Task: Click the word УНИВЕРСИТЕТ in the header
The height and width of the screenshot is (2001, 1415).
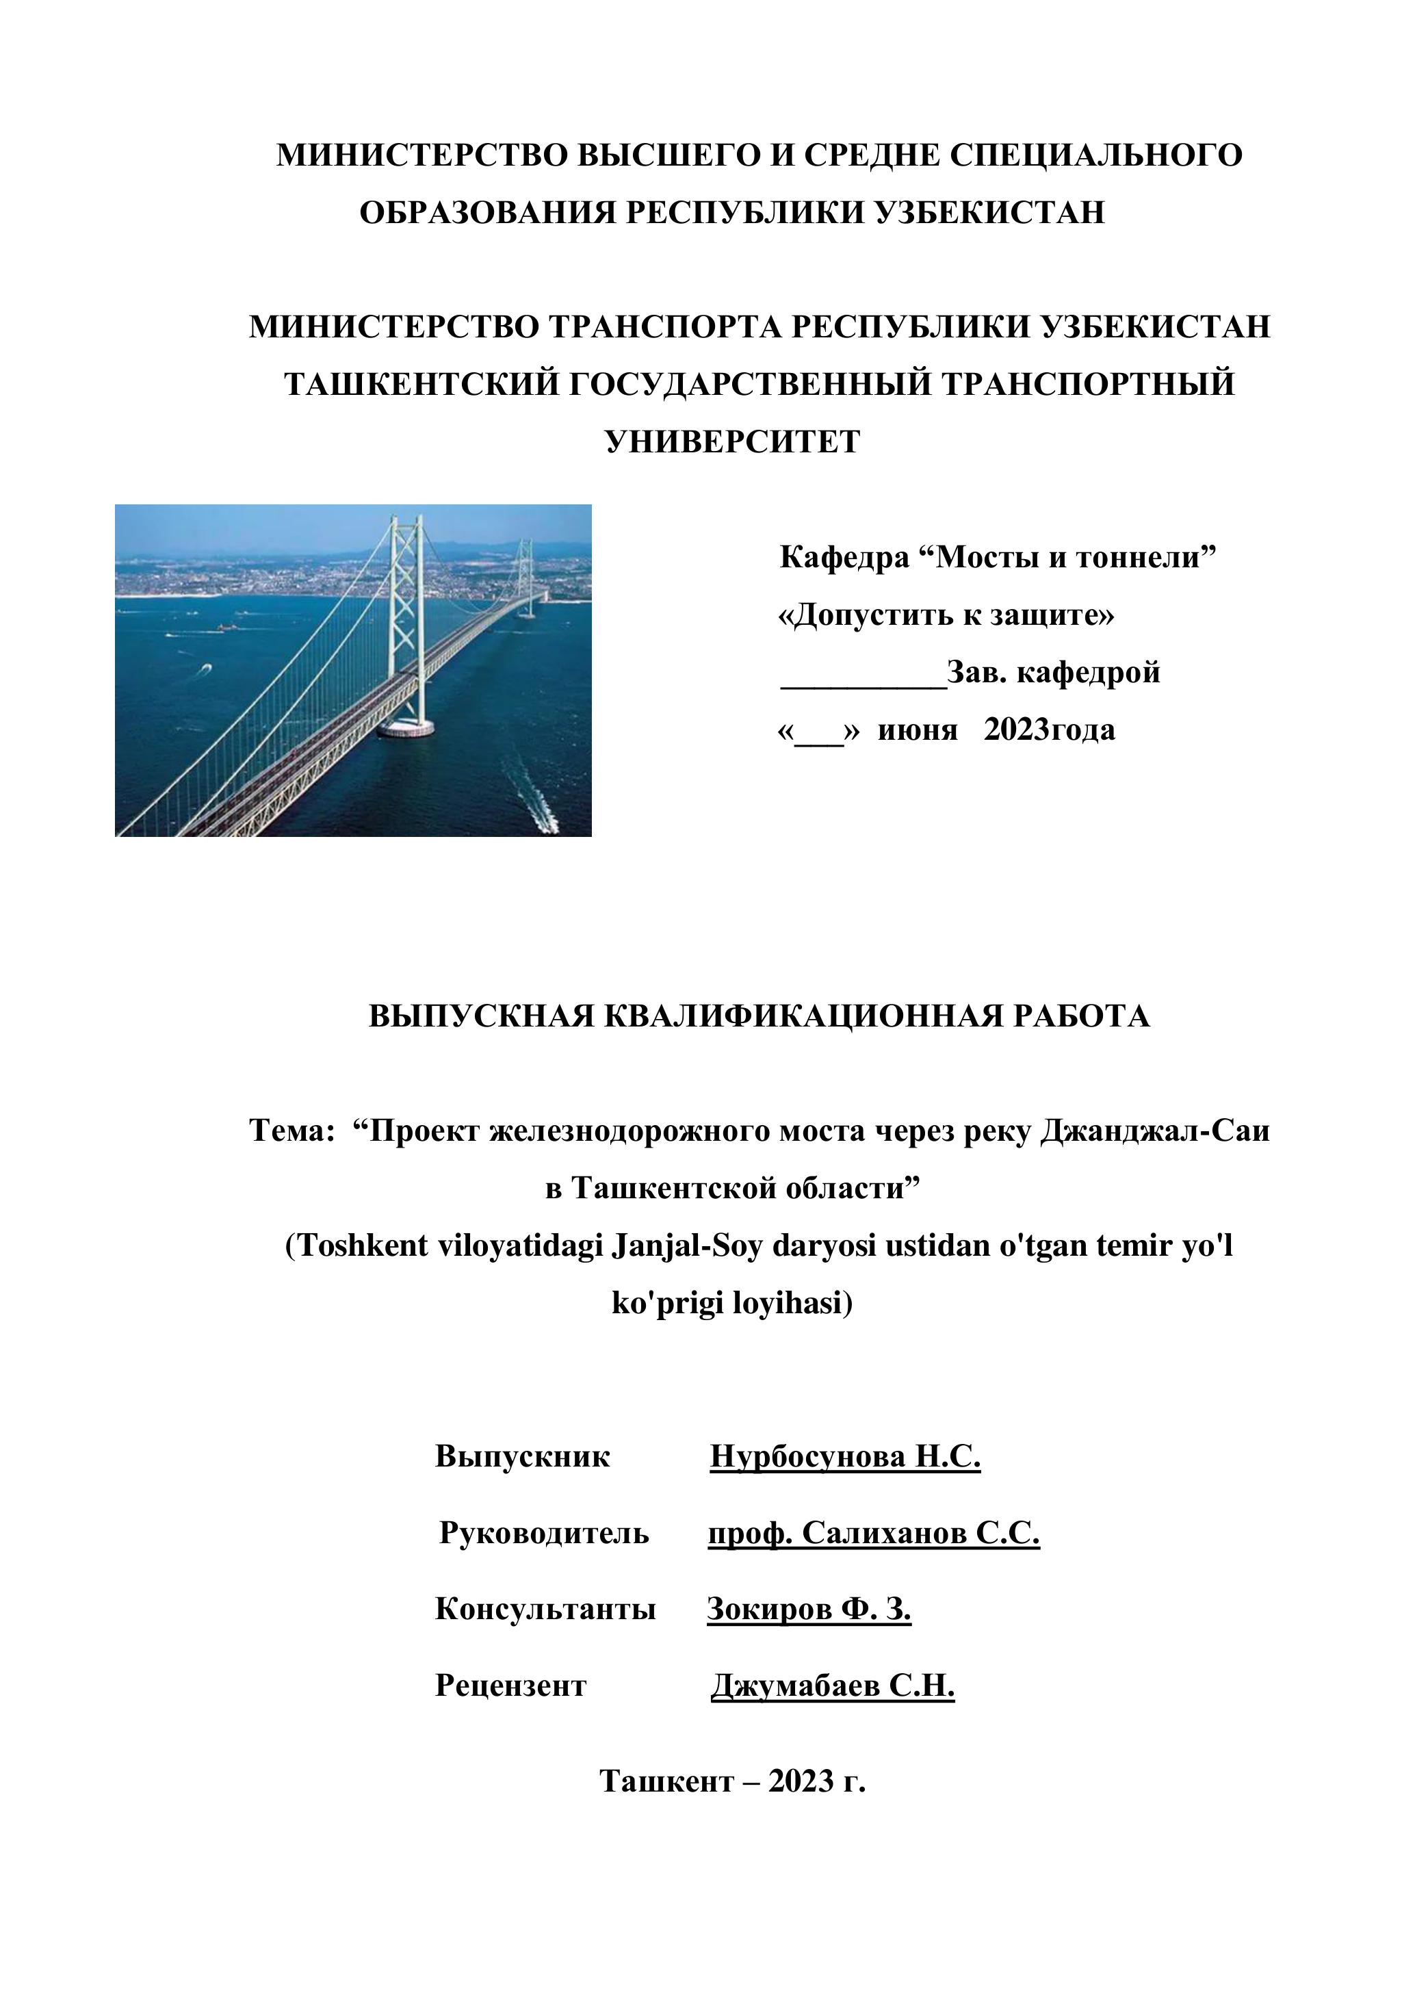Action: tap(732, 442)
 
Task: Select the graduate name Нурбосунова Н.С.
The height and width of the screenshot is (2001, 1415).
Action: tap(845, 1456)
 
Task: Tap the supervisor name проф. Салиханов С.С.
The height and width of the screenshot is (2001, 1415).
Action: tap(873, 1533)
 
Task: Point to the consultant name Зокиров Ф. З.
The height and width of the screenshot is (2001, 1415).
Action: tap(809, 1609)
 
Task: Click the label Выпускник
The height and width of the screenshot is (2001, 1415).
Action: tap(523, 1456)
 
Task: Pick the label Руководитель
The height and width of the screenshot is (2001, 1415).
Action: tap(544, 1533)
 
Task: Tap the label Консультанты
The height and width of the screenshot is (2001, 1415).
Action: tap(545, 1609)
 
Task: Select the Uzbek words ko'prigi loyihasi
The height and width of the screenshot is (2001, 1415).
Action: tap(732, 1304)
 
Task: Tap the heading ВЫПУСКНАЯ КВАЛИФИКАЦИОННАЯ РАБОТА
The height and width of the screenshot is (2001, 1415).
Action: tap(759, 1016)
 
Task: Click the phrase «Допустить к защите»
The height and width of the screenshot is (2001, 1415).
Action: tap(946, 616)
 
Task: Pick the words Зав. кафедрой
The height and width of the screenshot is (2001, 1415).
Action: tap(1054, 673)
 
